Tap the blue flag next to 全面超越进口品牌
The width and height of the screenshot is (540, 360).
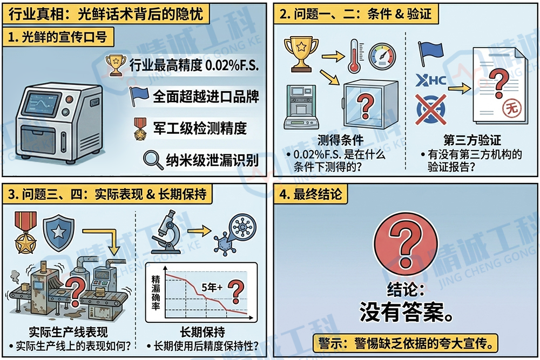pyautogui.click(x=139, y=96)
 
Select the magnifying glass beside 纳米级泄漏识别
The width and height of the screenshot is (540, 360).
pyautogui.click(x=153, y=159)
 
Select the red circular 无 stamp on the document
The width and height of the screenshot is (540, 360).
pyautogui.click(x=508, y=108)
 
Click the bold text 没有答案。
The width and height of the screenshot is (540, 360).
pyautogui.click(x=406, y=311)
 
